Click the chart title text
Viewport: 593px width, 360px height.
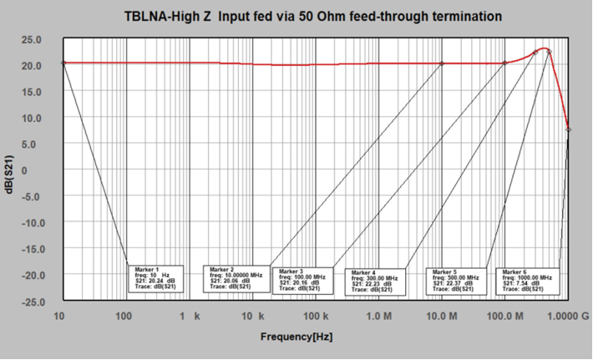pyautogui.click(x=314, y=15)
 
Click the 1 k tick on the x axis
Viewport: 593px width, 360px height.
pyautogui.click(x=190, y=317)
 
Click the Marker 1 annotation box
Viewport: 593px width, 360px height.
pyautogui.click(x=156, y=278)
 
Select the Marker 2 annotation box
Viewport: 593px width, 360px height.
pyautogui.click(x=236, y=279)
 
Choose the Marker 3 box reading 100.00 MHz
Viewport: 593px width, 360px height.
pyautogui.click(x=306, y=281)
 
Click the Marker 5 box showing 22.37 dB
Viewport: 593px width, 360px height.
pyautogui.click(x=457, y=281)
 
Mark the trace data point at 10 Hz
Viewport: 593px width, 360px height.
pyautogui.click(x=63, y=63)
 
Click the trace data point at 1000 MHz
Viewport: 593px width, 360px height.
pyautogui.click(x=568, y=129)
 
